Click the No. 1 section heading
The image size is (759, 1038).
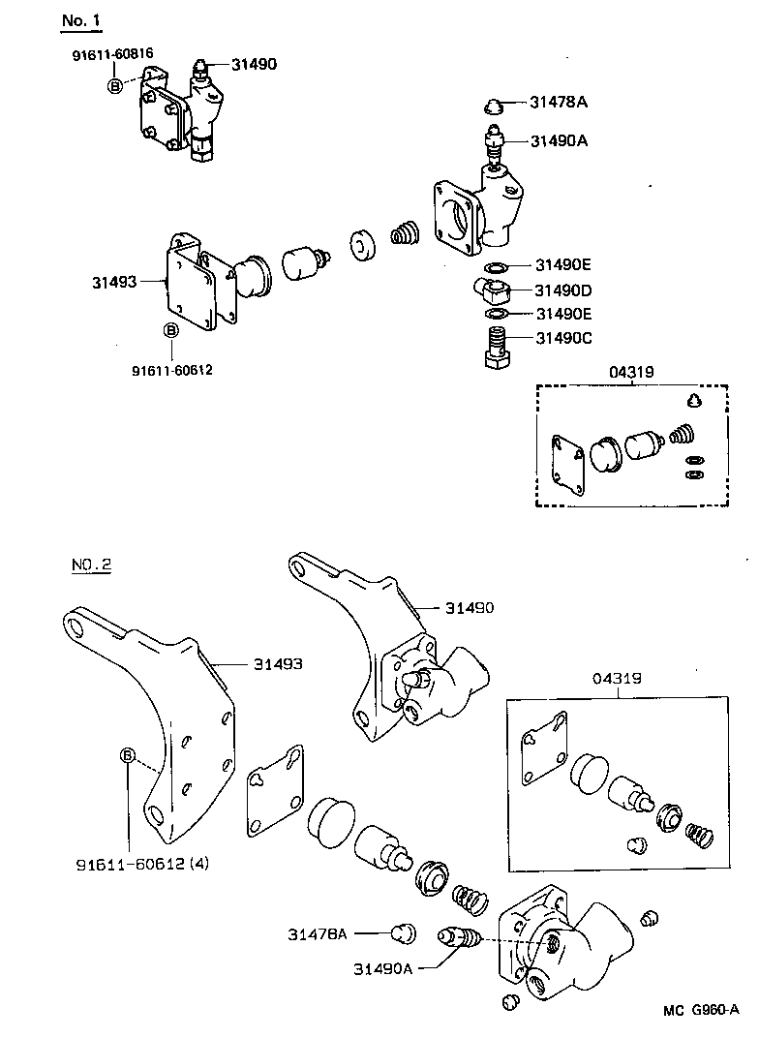pyautogui.click(x=80, y=19)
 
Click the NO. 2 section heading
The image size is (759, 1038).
pyautogui.click(x=91, y=565)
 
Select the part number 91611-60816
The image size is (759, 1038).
pyautogui.click(x=112, y=55)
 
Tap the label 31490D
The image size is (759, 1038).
pyautogui.click(x=563, y=290)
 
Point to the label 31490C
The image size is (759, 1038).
pyautogui.click(x=563, y=338)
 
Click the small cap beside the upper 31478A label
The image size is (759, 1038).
pyautogui.click(x=493, y=106)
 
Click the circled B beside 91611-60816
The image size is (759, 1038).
pyautogui.click(x=115, y=85)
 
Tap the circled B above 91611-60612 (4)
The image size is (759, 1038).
pyautogui.click(x=127, y=755)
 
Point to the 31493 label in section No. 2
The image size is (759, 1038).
pyautogui.click(x=278, y=664)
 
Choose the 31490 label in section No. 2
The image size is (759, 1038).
pyautogui.click(x=470, y=607)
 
